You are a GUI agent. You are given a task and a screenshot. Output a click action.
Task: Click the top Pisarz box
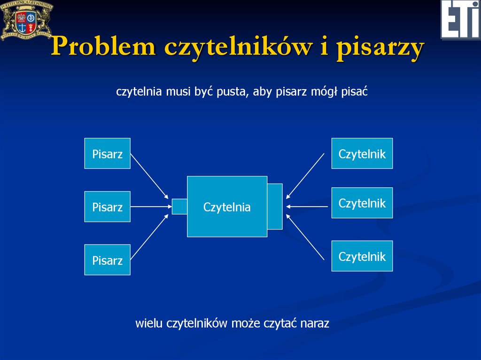point(107,153)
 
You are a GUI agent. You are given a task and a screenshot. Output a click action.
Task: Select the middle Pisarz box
point(107,207)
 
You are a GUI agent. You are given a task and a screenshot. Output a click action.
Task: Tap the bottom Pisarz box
point(107,260)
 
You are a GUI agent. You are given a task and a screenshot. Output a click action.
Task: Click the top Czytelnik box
point(362,153)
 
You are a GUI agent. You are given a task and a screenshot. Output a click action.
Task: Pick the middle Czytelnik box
point(362,203)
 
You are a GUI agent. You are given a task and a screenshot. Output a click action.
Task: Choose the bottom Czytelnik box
point(362,256)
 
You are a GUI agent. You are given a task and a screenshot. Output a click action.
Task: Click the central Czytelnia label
point(227,207)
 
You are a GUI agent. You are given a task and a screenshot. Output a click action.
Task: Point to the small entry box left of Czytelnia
point(179,207)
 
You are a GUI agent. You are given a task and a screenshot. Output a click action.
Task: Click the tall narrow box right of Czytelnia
point(275,207)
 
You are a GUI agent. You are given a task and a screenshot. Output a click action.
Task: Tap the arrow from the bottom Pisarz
point(149,237)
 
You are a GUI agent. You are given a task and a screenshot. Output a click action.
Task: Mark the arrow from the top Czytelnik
point(305,176)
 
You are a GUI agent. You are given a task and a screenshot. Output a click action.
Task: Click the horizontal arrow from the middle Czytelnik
point(306,207)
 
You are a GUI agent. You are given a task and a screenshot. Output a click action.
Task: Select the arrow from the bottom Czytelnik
point(305,237)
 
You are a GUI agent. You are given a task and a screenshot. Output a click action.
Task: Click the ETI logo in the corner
point(460,20)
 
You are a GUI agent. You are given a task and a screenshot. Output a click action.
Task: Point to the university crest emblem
point(26,20)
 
